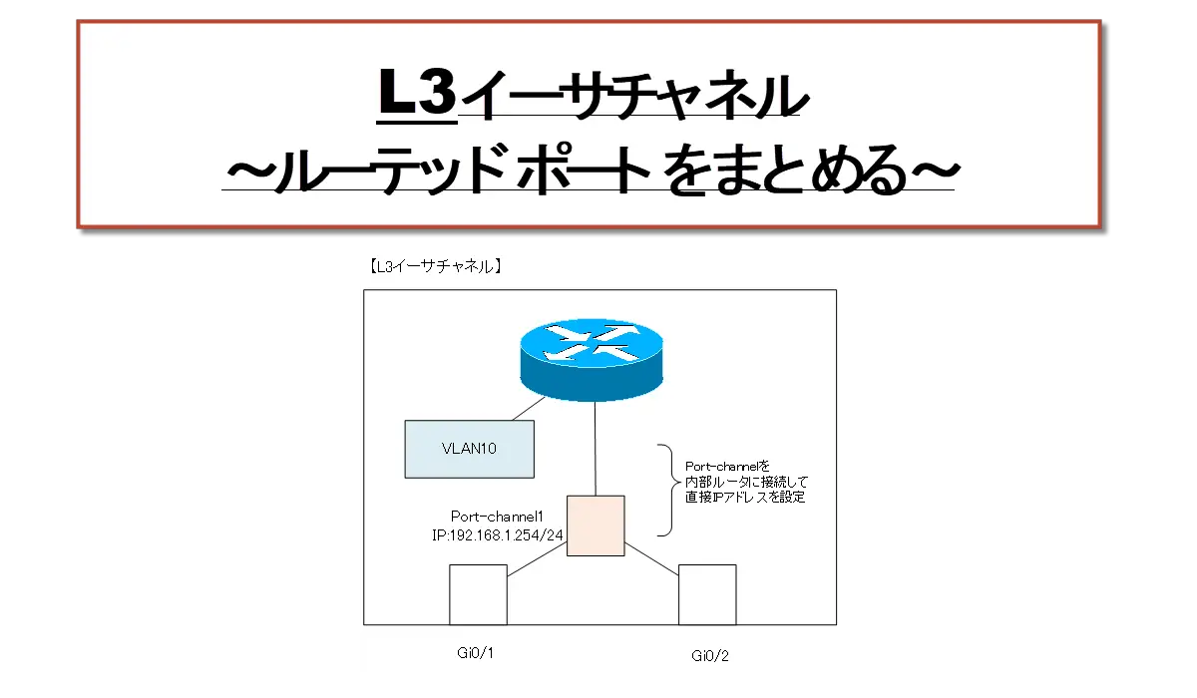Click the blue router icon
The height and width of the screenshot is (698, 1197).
pyautogui.click(x=592, y=359)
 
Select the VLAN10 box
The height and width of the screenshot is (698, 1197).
pyautogui.click(x=469, y=449)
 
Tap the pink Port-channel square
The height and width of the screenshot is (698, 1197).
pyautogui.click(x=596, y=525)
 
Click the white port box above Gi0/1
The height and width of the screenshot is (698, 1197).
pyautogui.click(x=478, y=594)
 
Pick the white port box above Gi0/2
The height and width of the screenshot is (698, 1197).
pyautogui.click(x=707, y=594)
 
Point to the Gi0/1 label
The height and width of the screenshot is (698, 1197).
pyautogui.click(x=475, y=652)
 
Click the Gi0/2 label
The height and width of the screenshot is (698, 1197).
pyautogui.click(x=709, y=656)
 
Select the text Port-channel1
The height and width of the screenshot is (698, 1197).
pyautogui.click(x=497, y=517)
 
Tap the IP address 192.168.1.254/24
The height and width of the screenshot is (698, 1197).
pyautogui.click(x=506, y=535)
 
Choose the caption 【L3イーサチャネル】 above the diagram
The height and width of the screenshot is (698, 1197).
pyautogui.click(x=435, y=266)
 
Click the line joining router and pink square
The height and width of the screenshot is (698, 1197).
pyautogui.click(x=596, y=449)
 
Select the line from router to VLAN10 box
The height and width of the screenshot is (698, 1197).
pyautogui.click(x=529, y=409)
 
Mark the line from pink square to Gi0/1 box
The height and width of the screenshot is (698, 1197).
pyautogui.click(x=537, y=559)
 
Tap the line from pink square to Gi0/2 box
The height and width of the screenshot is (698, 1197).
pyautogui.click(x=651, y=559)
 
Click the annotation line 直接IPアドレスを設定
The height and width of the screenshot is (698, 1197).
pyautogui.click(x=745, y=498)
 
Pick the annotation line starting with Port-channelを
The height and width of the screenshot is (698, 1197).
pyautogui.click(x=727, y=467)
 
